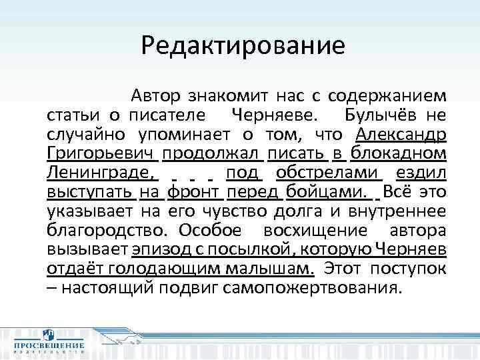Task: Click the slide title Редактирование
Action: pos(243,45)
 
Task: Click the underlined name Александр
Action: pos(401,134)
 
